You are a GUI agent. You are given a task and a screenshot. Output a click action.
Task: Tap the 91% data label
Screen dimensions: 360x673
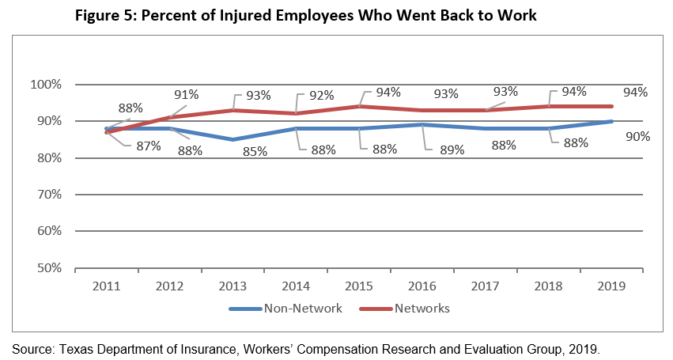click(187, 95)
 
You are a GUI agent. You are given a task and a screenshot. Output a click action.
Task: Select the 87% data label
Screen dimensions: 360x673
click(148, 146)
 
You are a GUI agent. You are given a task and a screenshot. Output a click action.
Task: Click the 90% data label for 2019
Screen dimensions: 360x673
click(637, 136)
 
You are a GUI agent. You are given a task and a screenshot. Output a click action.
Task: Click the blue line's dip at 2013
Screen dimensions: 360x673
click(233, 139)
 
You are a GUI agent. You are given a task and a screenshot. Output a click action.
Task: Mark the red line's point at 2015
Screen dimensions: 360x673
click(361, 106)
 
